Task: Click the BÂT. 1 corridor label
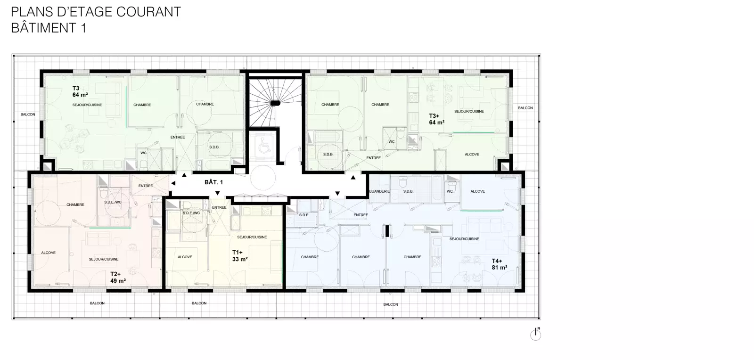pos(214,182)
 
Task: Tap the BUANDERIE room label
pos(379,191)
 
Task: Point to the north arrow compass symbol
pos(535,334)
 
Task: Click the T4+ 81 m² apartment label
pos(500,264)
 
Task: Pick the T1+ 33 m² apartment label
pos(240,256)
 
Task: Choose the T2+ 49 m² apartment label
pos(118,278)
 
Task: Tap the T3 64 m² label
pos(80,91)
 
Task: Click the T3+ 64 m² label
pos(436,119)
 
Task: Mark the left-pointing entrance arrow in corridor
pos(173,183)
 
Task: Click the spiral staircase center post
pos(275,103)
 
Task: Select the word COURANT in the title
pos(148,12)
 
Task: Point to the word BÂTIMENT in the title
pos(43,28)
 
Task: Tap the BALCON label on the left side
pos(28,115)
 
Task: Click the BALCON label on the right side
pos(525,108)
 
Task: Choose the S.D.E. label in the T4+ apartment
pos(304,215)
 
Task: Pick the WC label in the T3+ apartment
pos(392,142)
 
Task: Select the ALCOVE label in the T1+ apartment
pos(185,257)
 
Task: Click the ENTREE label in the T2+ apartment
pos(146,186)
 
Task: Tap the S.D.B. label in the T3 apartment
pos(214,147)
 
